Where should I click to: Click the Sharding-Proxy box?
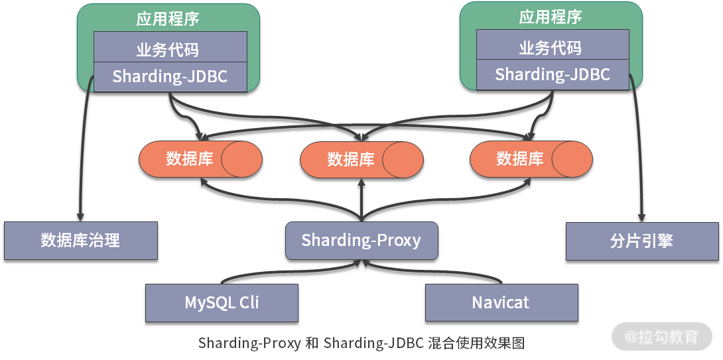pyautogui.click(x=361, y=240)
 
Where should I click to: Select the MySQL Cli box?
pyautogui.click(x=222, y=303)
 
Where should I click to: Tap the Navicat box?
pyautogui.click(x=501, y=303)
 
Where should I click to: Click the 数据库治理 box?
pyautogui.click(x=80, y=240)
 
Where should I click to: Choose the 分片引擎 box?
pyautogui.click(x=641, y=240)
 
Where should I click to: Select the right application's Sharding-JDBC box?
pyautogui.click(x=553, y=74)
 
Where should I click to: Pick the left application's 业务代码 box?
pyautogui.click(x=170, y=48)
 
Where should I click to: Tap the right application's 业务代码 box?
pyautogui.click(x=553, y=46)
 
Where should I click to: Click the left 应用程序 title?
pyautogui.click(x=168, y=18)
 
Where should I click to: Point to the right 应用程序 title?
pyautogui.click(x=551, y=17)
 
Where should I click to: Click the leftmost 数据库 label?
pyautogui.click(x=189, y=159)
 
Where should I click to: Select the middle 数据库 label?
pyautogui.click(x=350, y=160)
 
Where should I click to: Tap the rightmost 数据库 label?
pyautogui.click(x=520, y=159)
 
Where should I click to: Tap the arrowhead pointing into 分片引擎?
pyautogui.click(x=641, y=216)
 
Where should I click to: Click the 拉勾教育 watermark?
pyautogui.click(x=661, y=336)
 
